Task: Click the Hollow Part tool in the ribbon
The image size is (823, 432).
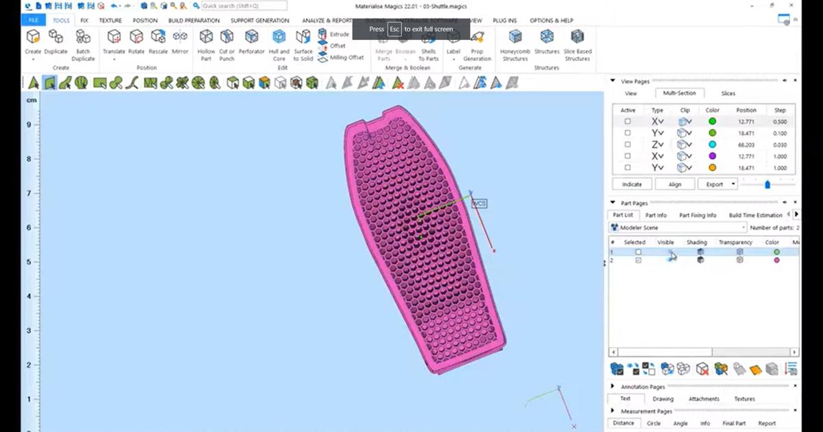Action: (x=206, y=45)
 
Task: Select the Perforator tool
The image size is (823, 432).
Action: (x=252, y=44)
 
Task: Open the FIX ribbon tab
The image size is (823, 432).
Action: (x=84, y=21)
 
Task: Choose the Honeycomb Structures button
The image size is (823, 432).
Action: (x=515, y=45)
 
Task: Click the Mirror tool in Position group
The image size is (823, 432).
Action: (x=180, y=44)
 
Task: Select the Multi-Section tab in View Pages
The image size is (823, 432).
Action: (x=679, y=93)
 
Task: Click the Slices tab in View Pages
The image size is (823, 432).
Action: (x=728, y=93)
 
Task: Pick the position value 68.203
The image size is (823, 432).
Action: (x=746, y=145)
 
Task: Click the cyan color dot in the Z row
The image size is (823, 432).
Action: (x=713, y=145)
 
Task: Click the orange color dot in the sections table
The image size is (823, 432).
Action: (x=713, y=167)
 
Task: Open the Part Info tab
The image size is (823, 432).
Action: (x=656, y=215)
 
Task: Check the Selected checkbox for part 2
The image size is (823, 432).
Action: (x=639, y=261)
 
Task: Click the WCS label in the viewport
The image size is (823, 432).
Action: (x=479, y=204)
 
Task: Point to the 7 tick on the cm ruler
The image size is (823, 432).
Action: (x=28, y=193)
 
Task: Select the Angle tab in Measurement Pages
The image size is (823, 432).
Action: (x=680, y=423)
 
